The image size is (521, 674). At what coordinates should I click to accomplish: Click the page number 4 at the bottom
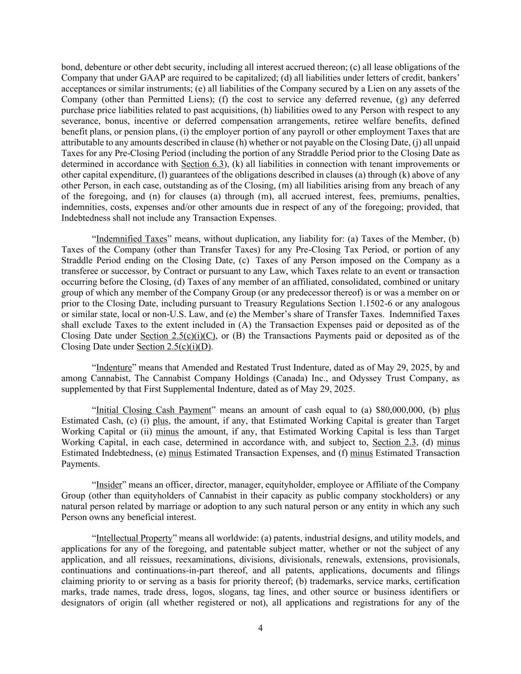(x=260, y=628)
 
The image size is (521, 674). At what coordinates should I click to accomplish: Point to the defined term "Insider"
(x=109, y=485)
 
